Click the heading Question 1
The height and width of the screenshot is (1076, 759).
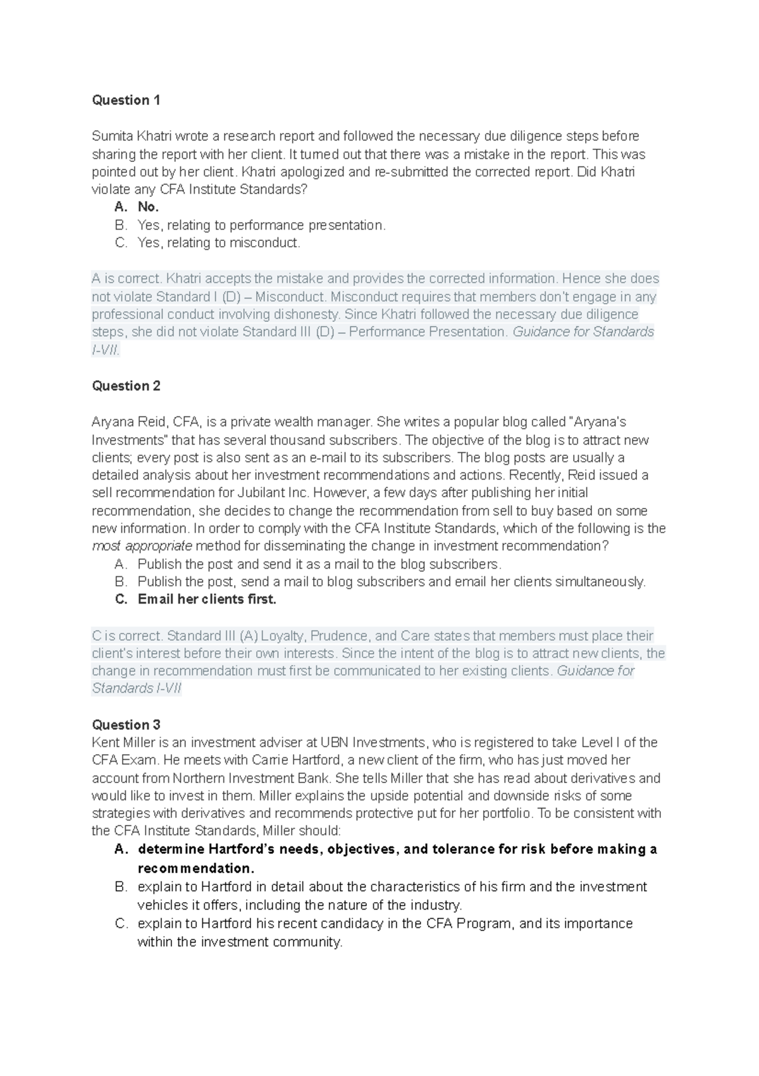pyautogui.click(x=126, y=100)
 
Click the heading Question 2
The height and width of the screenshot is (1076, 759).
pyautogui.click(x=126, y=386)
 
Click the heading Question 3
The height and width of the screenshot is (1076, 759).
pyautogui.click(x=126, y=724)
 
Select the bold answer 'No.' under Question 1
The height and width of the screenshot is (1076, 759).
pyautogui.click(x=148, y=207)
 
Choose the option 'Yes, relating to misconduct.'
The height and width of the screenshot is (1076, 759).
pyautogui.click(x=219, y=243)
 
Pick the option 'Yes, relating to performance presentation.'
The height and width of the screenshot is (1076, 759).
pyautogui.click(x=261, y=225)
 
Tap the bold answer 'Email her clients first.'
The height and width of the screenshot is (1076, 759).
pyautogui.click(x=207, y=600)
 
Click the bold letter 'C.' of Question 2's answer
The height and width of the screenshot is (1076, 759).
pyautogui.click(x=121, y=600)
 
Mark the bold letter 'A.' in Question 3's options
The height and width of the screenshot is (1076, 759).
pyautogui.click(x=121, y=850)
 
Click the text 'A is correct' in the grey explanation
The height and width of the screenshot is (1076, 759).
pyautogui.click(x=126, y=279)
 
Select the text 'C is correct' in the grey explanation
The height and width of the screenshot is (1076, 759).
pyautogui.click(x=127, y=636)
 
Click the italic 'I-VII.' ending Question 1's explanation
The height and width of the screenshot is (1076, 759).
pyautogui.click(x=106, y=350)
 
